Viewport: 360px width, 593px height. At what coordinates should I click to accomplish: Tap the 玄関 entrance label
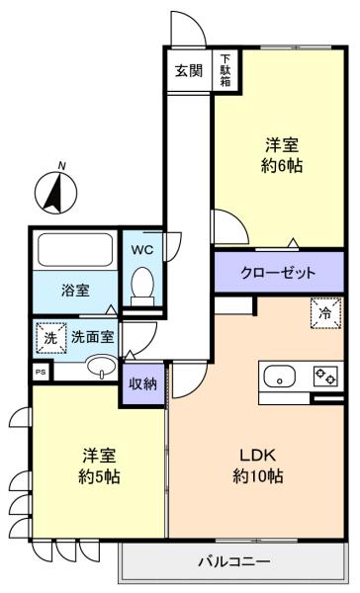pos(189,71)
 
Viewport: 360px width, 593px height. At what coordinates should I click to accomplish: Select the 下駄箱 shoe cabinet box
pos(225,71)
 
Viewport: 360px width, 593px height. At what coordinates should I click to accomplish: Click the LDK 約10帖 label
pos(258,466)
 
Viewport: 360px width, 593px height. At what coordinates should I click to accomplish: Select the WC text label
pos(141,249)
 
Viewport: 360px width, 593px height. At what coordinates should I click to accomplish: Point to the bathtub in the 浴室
pos(74,250)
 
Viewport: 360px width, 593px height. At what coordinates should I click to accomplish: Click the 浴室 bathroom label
pos(74,291)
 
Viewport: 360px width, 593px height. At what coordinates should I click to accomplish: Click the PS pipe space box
pos(41,372)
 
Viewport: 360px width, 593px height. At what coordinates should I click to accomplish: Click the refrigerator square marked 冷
pos(326,311)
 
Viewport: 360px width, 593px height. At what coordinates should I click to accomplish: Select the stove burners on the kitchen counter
pos(323,377)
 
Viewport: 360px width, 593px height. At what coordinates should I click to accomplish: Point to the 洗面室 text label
pos(92,337)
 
